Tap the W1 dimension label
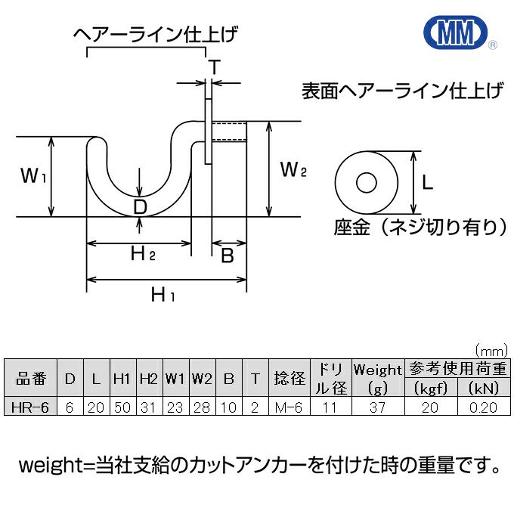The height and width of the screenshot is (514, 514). click(x=33, y=177)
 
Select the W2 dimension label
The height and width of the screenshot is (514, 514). click(x=293, y=169)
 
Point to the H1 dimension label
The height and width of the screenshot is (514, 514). click(x=163, y=294)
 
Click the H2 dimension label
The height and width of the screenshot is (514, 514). click(x=142, y=254)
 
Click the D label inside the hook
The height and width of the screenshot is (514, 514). click(x=140, y=206)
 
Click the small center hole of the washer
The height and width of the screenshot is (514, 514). click(x=367, y=183)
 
